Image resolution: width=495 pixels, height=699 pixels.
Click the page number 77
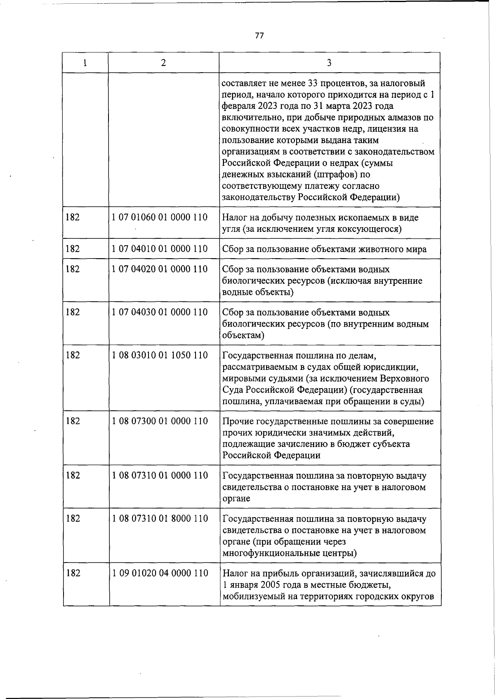tap(259, 35)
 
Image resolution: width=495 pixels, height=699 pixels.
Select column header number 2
tap(164, 63)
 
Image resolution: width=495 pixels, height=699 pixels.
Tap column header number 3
tap(329, 63)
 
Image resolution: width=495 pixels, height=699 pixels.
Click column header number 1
tap(85, 63)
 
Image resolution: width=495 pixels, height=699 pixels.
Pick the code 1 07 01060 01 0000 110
tap(160, 217)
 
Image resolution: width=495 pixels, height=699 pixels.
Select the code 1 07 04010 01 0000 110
tap(160, 249)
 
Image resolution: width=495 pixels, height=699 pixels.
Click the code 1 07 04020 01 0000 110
tap(160, 269)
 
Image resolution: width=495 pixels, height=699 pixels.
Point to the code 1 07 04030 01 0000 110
tap(160, 312)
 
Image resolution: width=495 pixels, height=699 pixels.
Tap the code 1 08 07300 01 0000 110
tap(160, 421)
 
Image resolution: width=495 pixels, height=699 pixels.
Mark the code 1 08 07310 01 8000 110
tap(160, 519)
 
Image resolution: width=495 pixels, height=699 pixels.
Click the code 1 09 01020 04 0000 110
tap(160, 573)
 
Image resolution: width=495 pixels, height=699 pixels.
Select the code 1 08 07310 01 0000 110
tap(160, 475)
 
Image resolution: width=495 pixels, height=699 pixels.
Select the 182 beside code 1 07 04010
tap(73, 249)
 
